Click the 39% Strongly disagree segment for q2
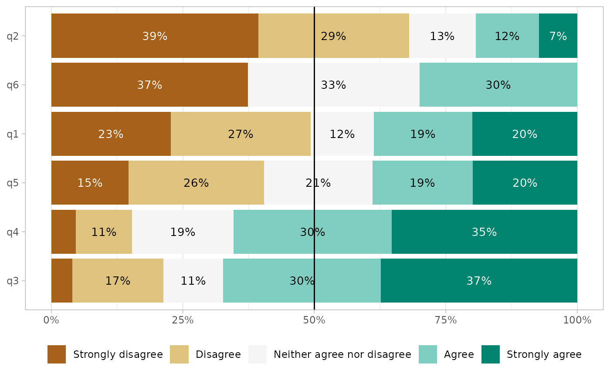point(155,36)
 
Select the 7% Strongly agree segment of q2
point(558,36)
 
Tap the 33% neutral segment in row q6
point(333,85)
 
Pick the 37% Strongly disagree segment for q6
point(149,85)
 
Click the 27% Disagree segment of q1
point(241,134)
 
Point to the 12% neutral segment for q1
point(342,134)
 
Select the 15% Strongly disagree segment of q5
point(90,183)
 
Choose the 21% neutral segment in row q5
point(318,183)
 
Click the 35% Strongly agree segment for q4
point(484,232)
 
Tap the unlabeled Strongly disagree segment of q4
point(64,232)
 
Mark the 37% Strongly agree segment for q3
point(479,281)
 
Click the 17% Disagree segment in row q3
point(118,281)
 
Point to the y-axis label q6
point(13,85)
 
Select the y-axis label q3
point(13,281)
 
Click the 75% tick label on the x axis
point(446,321)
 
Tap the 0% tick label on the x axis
point(51,321)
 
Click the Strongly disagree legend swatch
point(57,354)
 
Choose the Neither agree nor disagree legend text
point(342,354)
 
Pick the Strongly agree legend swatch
point(491,354)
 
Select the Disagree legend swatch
point(180,354)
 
